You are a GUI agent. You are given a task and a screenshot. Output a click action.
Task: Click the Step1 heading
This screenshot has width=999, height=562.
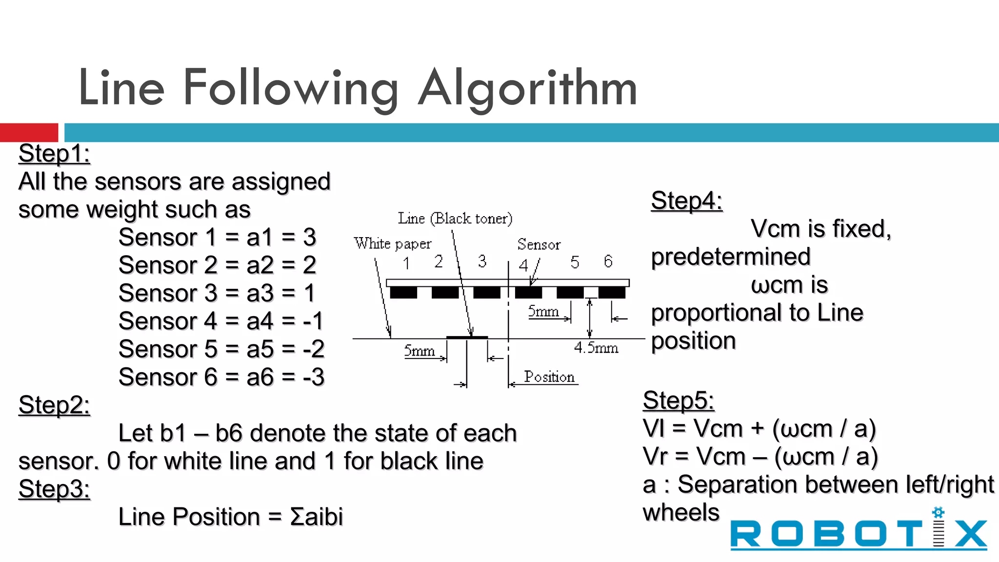pyautogui.click(x=54, y=154)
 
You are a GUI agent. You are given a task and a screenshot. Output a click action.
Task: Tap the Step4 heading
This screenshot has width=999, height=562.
pyautogui.click(x=686, y=201)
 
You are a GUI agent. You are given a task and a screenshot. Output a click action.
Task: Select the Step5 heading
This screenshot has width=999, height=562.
pyautogui.click(x=678, y=401)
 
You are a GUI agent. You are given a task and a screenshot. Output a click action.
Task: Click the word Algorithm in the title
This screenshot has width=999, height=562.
pyautogui.click(x=528, y=88)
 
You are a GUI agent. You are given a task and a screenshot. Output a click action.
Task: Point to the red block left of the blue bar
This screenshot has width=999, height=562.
pyautogui.click(x=29, y=133)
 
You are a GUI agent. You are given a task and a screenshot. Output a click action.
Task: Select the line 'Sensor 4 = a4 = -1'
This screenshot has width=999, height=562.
pyautogui.click(x=221, y=321)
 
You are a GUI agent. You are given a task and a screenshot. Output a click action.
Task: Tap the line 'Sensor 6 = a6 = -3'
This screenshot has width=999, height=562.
pyautogui.click(x=221, y=378)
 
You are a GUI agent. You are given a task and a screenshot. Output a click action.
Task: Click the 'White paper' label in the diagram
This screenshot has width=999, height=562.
pyautogui.click(x=393, y=243)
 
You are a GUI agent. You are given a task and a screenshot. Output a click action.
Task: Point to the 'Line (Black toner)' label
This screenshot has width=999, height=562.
pyautogui.click(x=455, y=219)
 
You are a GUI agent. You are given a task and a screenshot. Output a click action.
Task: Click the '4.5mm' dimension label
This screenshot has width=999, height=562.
pyautogui.click(x=596, y=348)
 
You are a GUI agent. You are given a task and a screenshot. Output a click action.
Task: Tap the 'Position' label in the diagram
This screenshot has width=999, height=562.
pyautogui.click(x=549, y=377)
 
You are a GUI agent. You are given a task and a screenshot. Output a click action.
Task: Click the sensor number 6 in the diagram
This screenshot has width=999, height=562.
pyautogui.click(x=608, y=261)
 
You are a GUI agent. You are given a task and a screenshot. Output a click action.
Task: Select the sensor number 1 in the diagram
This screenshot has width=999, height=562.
pyautogui.click(x=406, y=264)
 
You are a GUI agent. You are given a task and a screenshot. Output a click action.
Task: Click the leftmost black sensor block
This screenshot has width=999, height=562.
pyautogui.click(x=403, y=293)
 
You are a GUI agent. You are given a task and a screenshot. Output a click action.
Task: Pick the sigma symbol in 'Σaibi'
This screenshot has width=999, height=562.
pyautogui.click(x=297, y=517)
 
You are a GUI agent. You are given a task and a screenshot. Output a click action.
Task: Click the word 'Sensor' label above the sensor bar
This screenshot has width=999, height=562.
pyautogui.click(x=539, y=244)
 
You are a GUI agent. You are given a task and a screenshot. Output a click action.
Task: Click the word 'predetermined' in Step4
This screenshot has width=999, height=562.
pyautogui.click(x=731, y=257)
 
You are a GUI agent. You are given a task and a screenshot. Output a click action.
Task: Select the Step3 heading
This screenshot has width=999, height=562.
pyautogui.click(x=54, y=489)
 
